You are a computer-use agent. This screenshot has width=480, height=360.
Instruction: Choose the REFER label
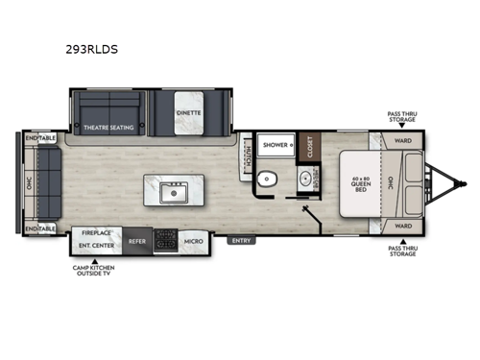136,240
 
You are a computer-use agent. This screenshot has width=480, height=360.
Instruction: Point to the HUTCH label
247,154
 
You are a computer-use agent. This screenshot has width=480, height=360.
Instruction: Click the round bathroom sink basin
307,178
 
